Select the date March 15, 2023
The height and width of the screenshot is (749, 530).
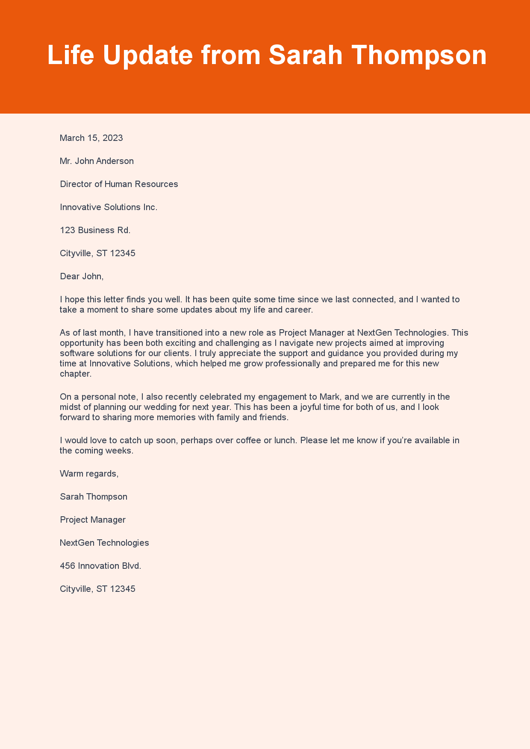[x=91, y=138]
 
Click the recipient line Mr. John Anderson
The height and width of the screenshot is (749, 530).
[x=97, y=161]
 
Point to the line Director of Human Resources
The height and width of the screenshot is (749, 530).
[x=119, y=184]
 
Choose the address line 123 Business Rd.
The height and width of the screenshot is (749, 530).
[x=95, y=230]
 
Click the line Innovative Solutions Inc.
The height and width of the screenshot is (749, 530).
[x=109, y=207]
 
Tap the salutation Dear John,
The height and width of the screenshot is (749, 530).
[x=82, y=276]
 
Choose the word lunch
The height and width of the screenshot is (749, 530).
[x=284, y=440]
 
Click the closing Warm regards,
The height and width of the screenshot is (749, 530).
[x=89, y=474]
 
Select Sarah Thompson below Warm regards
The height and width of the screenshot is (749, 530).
[x=94, y=497]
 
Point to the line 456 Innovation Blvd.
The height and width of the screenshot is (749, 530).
[x=100, y=566]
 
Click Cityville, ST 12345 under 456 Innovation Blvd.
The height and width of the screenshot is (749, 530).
[x=97, y=589]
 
